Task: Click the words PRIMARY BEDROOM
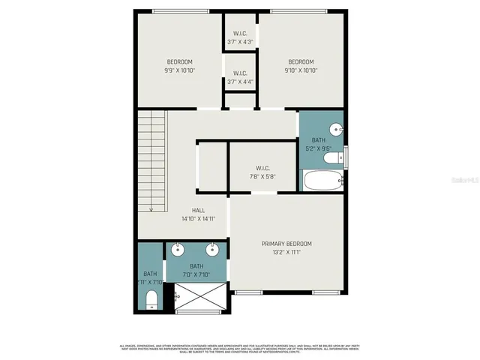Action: pos(286,244)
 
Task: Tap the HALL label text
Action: pos(199,211)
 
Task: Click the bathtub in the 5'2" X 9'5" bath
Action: pos(322,181)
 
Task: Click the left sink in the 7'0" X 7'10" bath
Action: pos(178,250)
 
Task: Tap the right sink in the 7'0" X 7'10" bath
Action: pos(212,250)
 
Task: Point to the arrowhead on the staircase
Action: pos(151,210)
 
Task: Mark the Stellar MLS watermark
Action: pos(465,179)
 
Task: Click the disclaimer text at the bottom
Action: pos(240,347)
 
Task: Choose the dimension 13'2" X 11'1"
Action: pos(286,253)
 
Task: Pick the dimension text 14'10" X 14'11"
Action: pos(199,219)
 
